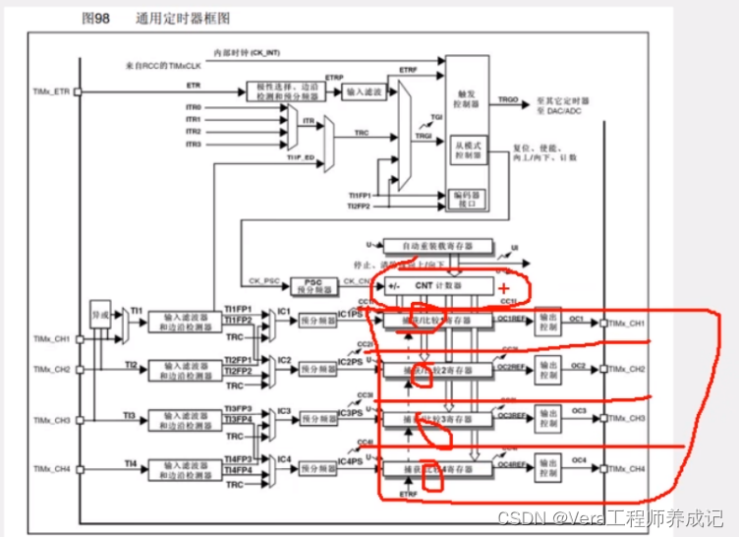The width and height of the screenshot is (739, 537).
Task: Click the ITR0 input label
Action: click(x=194, y=107)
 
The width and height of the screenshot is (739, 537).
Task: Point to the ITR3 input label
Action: click(x=194, y=144)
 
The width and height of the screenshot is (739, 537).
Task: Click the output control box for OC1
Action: click(x=547, y=324)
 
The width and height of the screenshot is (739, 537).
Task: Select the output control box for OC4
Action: click(x=547, y=469)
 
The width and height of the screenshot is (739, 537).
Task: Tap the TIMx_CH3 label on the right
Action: click(x=625, y=419)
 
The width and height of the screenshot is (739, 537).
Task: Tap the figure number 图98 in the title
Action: click(x=96, y=18)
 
